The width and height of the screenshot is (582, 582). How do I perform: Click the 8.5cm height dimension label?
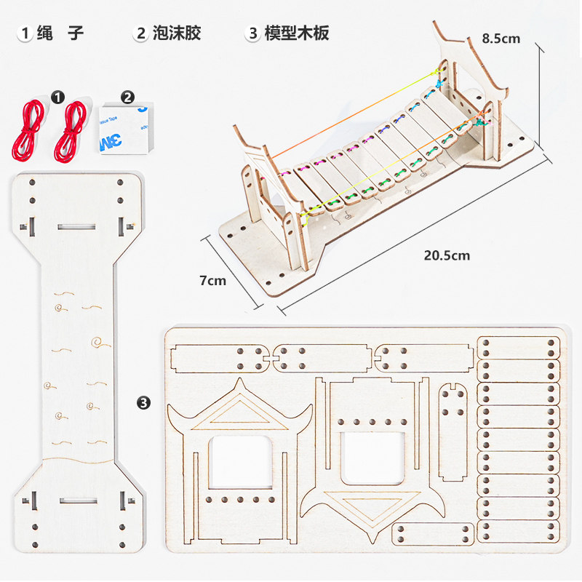point(501,39)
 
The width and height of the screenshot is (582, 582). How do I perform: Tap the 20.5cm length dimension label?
point(447,255)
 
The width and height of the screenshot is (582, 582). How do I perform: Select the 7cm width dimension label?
point(212,280)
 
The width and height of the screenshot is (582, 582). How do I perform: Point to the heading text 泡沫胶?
point(177,33)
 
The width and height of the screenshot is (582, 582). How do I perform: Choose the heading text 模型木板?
point(297,33)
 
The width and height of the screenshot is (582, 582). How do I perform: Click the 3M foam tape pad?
point(124,127)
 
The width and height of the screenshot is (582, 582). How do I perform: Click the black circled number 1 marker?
point(59,96)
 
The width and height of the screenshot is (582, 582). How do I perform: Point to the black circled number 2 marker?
point(127,96)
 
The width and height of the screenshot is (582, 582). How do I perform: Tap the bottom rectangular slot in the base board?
point(76,501)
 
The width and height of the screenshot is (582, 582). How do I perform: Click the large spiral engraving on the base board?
point(96,340)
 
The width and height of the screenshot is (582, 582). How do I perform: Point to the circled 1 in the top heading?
point(26,33)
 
